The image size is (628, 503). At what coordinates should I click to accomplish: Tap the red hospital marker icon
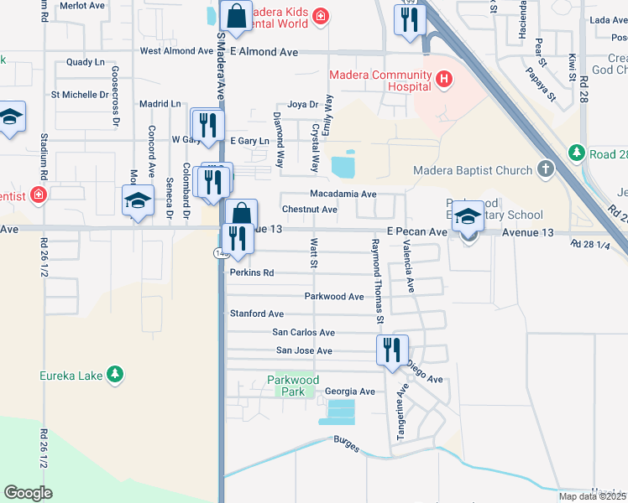[x=444, y=81]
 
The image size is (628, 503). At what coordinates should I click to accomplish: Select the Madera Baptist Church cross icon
[x=546, y=170]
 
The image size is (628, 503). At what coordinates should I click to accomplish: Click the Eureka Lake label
[x=71, y=376]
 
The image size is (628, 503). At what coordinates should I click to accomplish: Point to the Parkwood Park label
[x=293, y=386]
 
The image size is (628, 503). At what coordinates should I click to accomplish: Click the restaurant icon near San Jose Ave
[x=392, y=350]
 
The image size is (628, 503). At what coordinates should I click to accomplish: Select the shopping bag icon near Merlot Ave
[x=237, y=14]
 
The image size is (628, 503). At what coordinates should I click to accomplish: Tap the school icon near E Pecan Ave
[x=468, y=218]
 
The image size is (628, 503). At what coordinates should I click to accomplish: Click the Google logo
[x=28, y=493]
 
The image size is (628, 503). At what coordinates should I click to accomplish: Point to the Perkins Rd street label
[x=252, y=273]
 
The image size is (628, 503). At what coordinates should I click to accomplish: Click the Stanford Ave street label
[x=257, y=314]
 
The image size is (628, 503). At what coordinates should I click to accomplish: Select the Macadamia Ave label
[x=343, y=194]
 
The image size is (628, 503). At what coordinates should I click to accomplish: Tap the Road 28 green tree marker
[x=576, y=153]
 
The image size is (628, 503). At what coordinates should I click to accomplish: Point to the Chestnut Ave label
[x=310, y=210]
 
